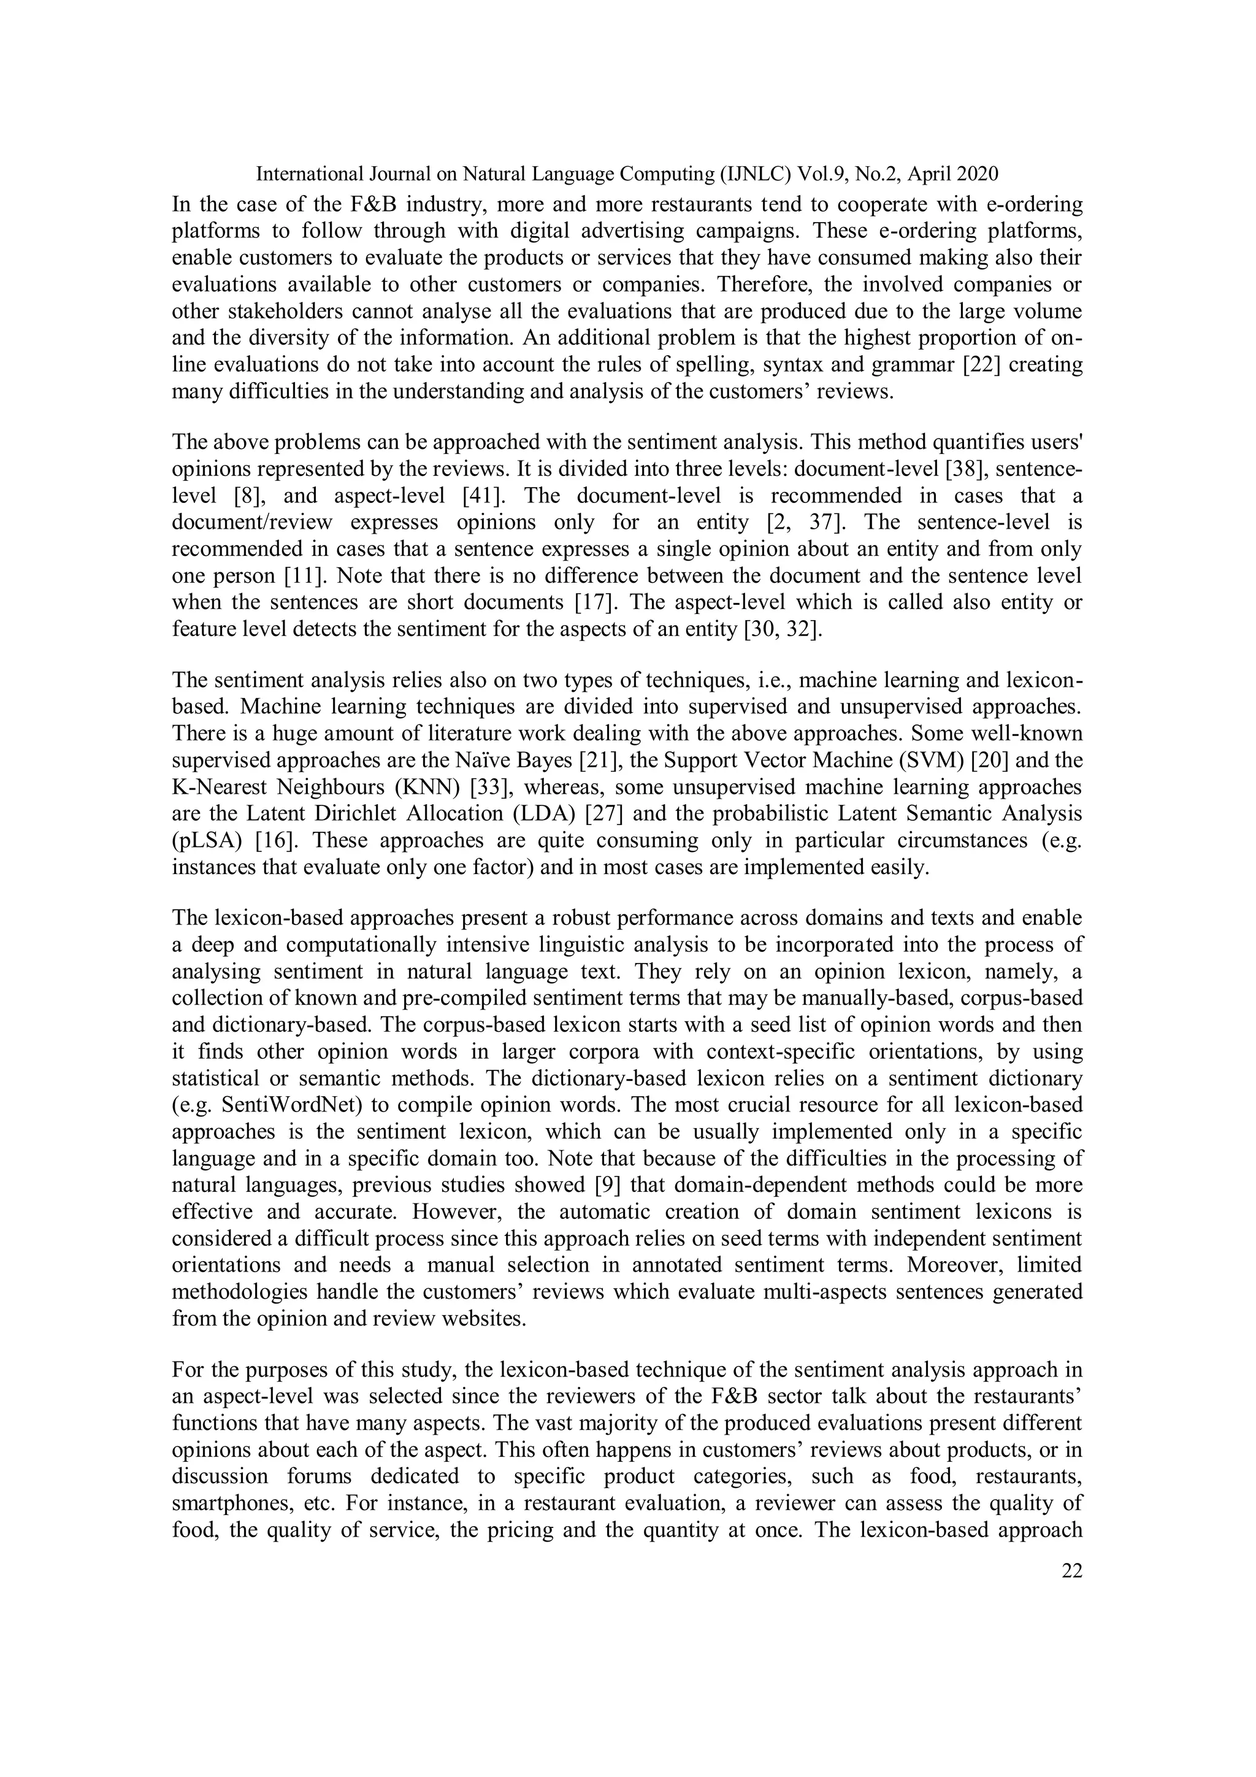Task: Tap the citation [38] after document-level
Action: coord(987,470)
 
